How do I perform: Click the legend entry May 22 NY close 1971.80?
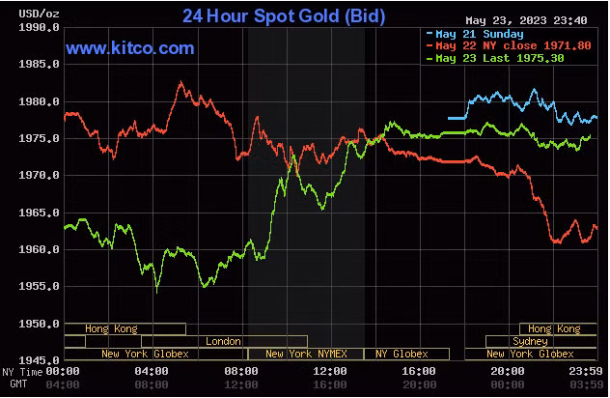(499, 46)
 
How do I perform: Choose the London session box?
(224, 341)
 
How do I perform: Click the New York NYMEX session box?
(306, 354)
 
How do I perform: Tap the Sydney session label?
(530, 341)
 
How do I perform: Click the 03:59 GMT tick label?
(587, 384)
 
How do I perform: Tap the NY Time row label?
(20, 372)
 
